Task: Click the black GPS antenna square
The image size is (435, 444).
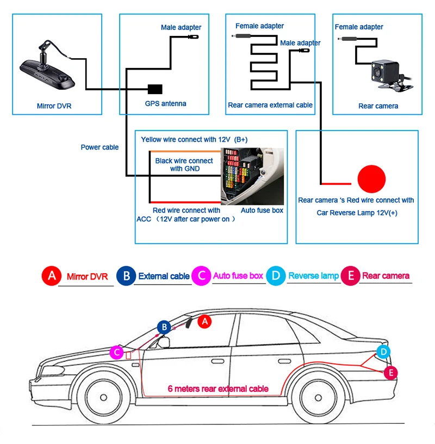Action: [x=155, y=89]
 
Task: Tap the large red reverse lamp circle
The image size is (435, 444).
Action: [x=371, y=179]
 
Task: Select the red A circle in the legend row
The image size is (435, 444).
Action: [x=52, y=276]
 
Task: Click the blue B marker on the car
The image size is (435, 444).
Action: [x=164, y=327]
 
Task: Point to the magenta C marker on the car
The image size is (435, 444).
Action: [x=116, y=352]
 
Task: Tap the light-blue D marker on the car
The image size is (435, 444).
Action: [x=383, y=352]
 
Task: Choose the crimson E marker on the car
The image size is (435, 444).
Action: [x=391, y=373]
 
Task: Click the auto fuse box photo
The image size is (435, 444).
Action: [x=252, y=176]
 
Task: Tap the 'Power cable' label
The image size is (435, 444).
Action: [x=100, y=147]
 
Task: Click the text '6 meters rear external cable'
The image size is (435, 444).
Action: [x=218, y=388]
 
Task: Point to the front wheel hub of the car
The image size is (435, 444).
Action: [x=103, y=397]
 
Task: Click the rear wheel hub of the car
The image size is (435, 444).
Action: [x=318, y=398]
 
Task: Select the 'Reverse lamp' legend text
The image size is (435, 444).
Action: [x=314, y=275]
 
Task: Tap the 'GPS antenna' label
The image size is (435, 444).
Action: [x=165, y=103]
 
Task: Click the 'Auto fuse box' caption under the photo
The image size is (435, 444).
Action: [x=262, y=211]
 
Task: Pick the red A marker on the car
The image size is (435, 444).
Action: [x=204, y=322]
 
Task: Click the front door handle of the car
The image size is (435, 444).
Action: [x=217, y=361]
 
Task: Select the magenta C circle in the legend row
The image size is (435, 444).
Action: [x=201, y=275]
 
